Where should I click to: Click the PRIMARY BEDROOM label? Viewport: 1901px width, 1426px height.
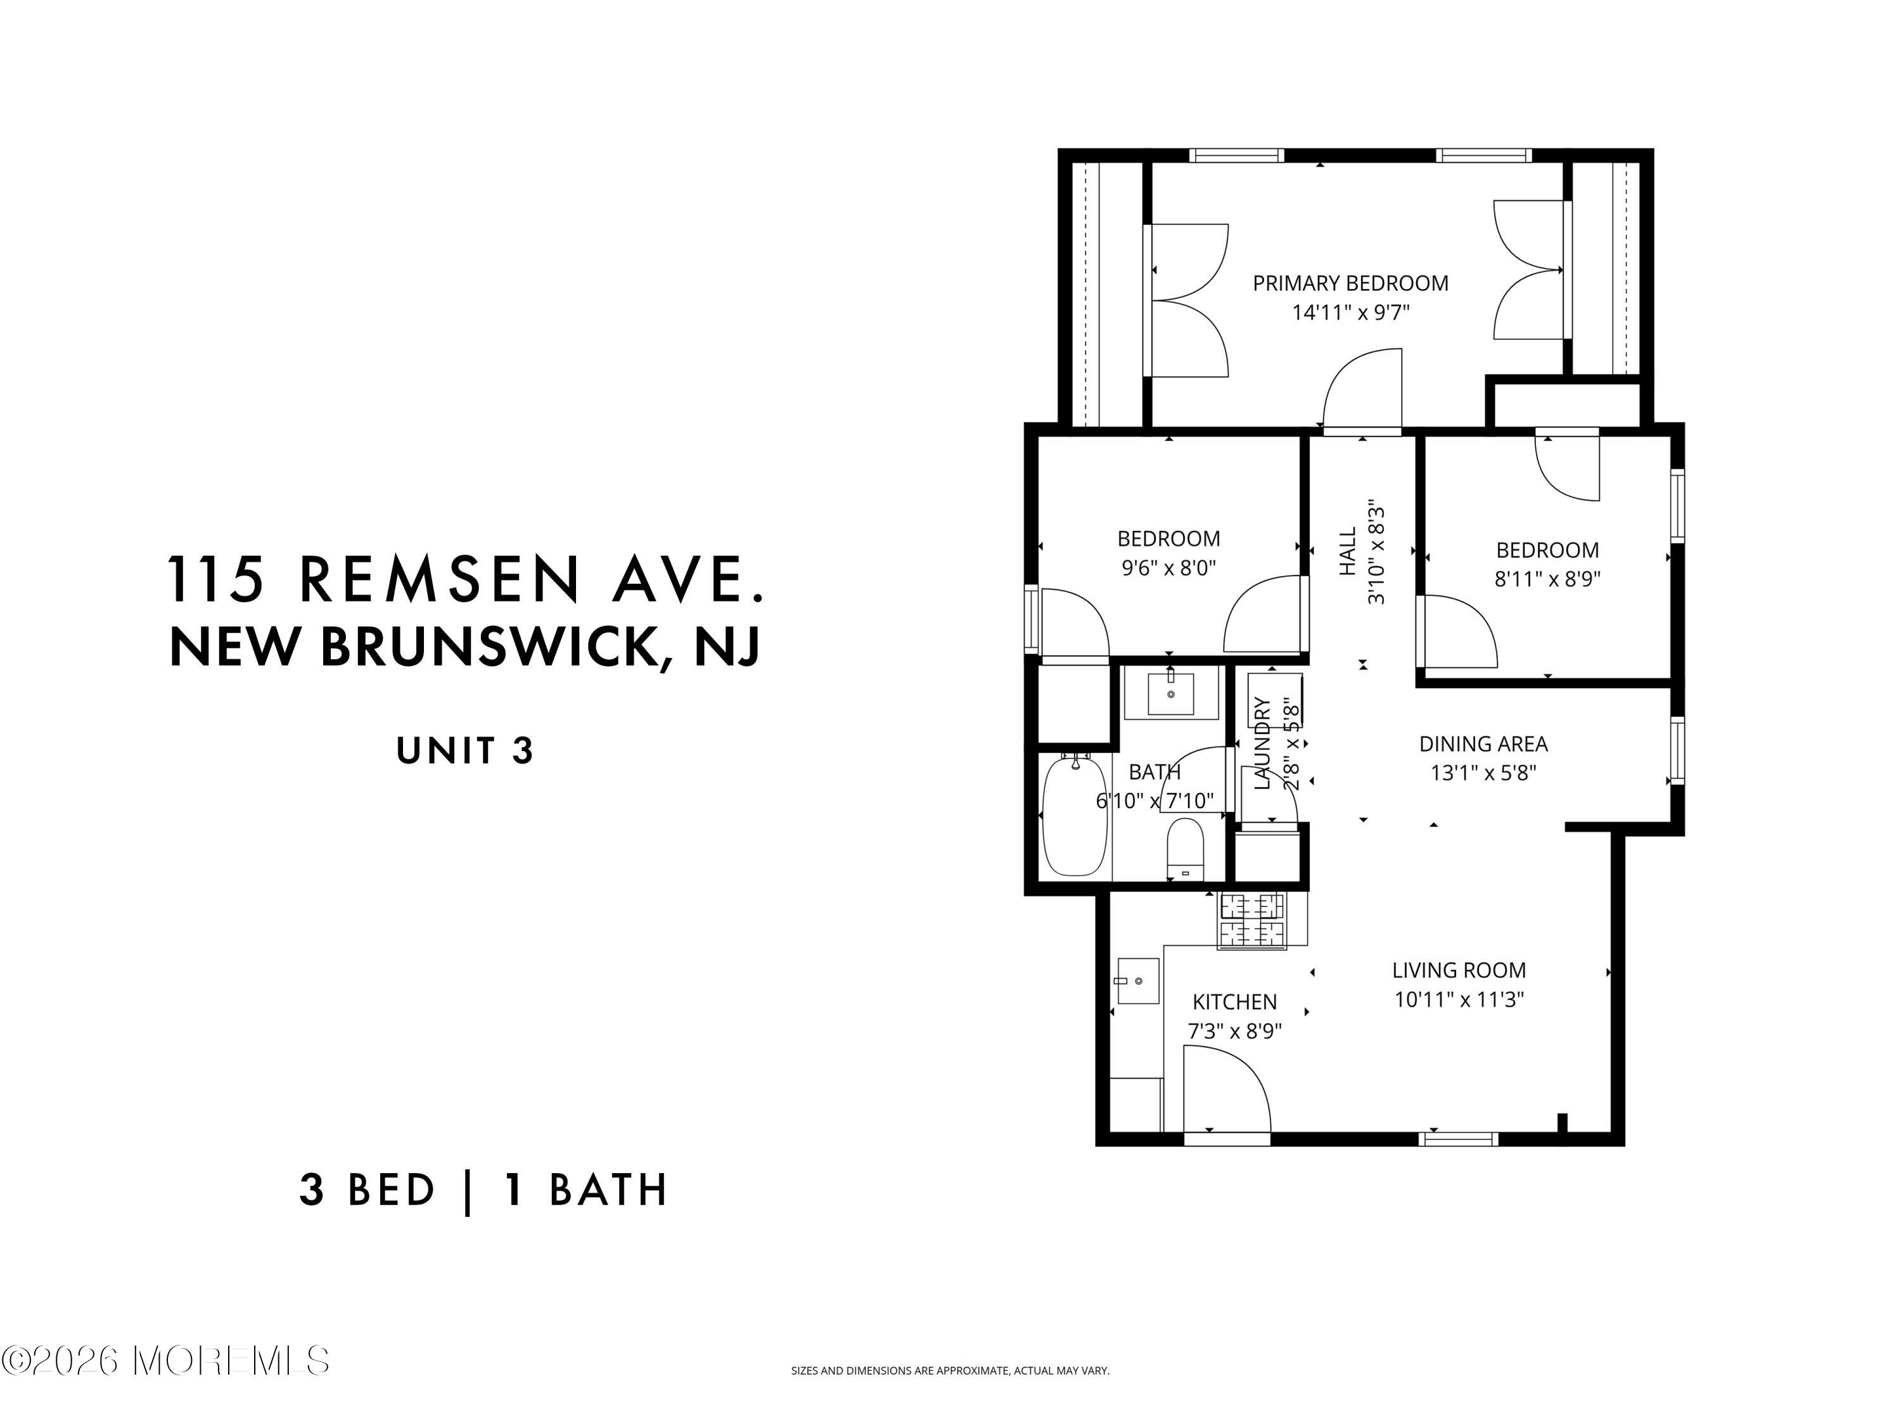[x=1350, y=283]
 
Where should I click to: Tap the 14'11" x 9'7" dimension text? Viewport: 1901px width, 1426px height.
[x=1351, y=312]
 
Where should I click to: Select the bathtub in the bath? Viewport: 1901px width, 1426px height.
[x=1074, y=815]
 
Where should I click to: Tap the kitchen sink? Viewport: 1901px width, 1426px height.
[x=1137, y=980]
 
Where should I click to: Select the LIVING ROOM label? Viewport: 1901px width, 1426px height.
[x=1459, y=970]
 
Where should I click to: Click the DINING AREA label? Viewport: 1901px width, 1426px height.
[x=1483, y=743]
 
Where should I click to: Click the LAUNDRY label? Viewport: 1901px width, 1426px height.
[x=1262, y=743]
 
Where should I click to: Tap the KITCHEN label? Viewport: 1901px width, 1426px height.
[x=1235, y=1002]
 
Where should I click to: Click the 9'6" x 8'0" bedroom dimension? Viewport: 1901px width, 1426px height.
[x=1168, y=567]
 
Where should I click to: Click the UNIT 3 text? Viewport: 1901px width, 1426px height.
[x=465, y=750]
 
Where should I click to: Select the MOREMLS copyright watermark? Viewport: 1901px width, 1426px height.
[x=166, y=1361]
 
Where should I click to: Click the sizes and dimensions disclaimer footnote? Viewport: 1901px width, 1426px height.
[x=951, y=1371]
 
